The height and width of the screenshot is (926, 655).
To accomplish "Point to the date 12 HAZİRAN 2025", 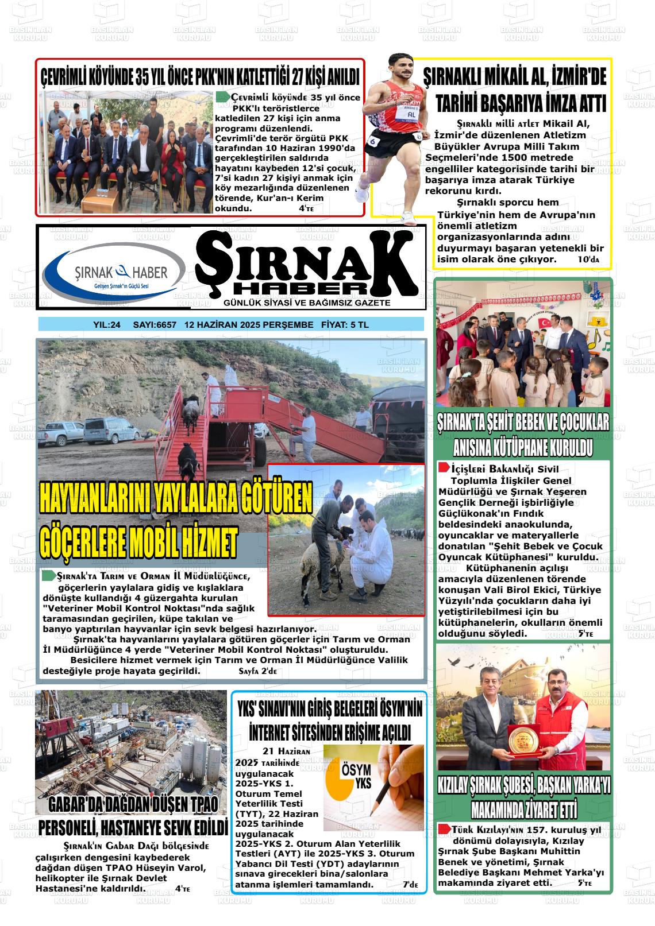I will pos(218,325).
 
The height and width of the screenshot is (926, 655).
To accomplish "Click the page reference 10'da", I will pos(588,259).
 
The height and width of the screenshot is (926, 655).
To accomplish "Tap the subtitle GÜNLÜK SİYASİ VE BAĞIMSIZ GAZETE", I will pos(307,303).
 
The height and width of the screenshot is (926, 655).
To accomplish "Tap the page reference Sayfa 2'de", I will pos(257,671).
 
